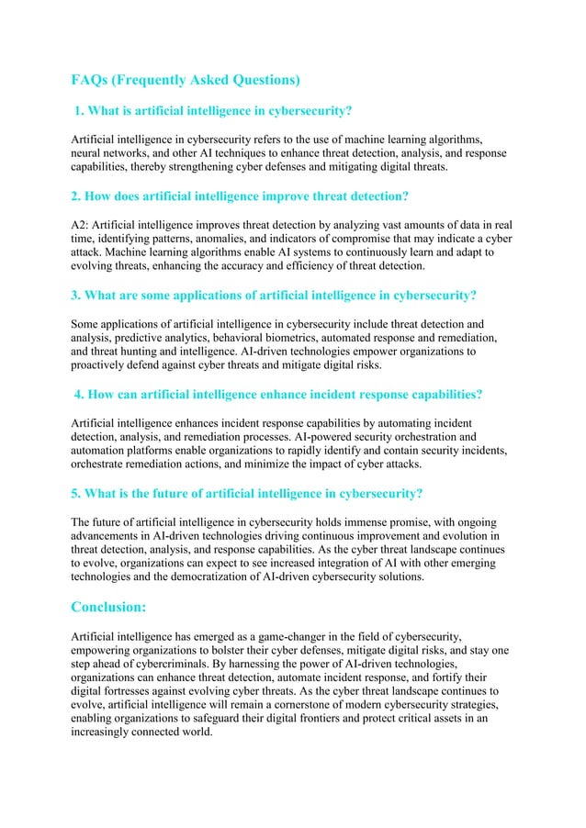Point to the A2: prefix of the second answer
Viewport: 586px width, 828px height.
(82, 224)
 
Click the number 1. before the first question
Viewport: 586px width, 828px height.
(80, 112)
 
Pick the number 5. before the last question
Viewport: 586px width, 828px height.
(77, 493)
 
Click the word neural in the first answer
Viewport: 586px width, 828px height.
(89, 153)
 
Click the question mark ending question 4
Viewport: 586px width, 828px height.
(479, 395)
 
